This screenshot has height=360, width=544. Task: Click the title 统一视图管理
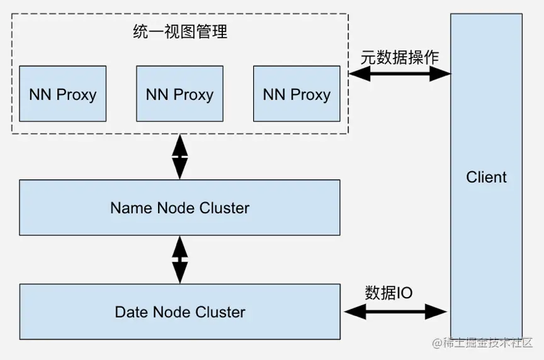[179, 32]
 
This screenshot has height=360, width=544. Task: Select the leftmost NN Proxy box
[62, 94]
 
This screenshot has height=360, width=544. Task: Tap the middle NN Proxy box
[179, 94]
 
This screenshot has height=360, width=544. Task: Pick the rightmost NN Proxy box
[297, 94]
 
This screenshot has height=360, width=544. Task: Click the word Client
[486, 177]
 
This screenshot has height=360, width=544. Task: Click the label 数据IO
[388, 293]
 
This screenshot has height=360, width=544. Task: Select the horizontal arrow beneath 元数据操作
[400, 74]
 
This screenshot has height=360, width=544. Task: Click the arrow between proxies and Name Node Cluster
[180, 156]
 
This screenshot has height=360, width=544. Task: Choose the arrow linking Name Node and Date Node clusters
[180, 259]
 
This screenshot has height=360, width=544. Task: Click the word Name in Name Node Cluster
[128, 208]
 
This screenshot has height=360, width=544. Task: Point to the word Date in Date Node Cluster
[131, 312]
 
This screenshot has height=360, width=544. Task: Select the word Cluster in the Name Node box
[223, 208]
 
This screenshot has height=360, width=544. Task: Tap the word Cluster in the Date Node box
[220, 312]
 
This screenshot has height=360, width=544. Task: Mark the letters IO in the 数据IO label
[405, 293]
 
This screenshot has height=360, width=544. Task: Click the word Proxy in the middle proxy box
[193, 94]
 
